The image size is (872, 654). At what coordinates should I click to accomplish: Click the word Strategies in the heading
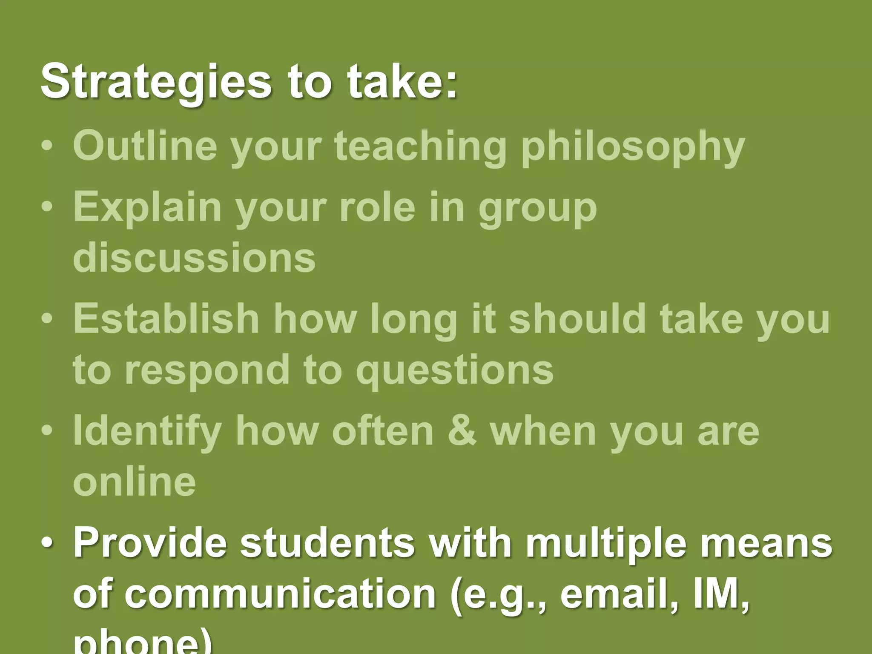click(x=156, y=81)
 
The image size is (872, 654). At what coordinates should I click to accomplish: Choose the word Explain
click(x=147, y=208)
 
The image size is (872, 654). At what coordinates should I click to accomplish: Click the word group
click(x=537, y=209)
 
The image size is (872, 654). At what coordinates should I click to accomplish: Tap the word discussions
click(x=194, y=258)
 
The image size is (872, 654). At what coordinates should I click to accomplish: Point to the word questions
click(x=455, y=370)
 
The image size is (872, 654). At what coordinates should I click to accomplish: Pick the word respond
click(x=207, y=370)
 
